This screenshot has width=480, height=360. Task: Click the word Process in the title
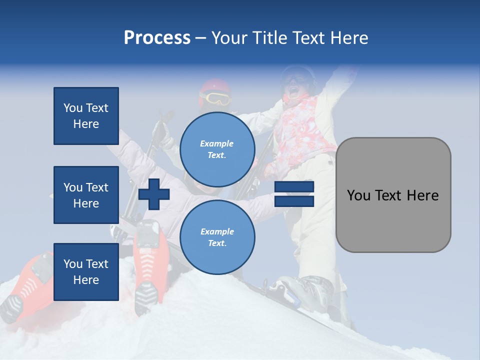(x=157, y=38)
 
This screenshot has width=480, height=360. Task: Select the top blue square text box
(x=86, y=116)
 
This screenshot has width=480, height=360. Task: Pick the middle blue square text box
(x=86, y=195)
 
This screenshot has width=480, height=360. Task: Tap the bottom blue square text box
(x=86, y=272)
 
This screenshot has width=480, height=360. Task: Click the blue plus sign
(x=154, y=194)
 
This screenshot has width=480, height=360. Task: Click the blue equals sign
(x=294, y=194)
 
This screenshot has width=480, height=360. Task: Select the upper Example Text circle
(x=217, y=149)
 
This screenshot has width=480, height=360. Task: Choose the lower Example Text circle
(x=217, y=237)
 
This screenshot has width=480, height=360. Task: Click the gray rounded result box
(x=393, y=195)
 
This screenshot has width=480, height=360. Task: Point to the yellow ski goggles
(x=216, y=98)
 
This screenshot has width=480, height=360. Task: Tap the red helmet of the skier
(x=215, y=86)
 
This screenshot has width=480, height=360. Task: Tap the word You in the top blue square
(x=73, y=108)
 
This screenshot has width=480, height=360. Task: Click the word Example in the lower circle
(x=217, y=231)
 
